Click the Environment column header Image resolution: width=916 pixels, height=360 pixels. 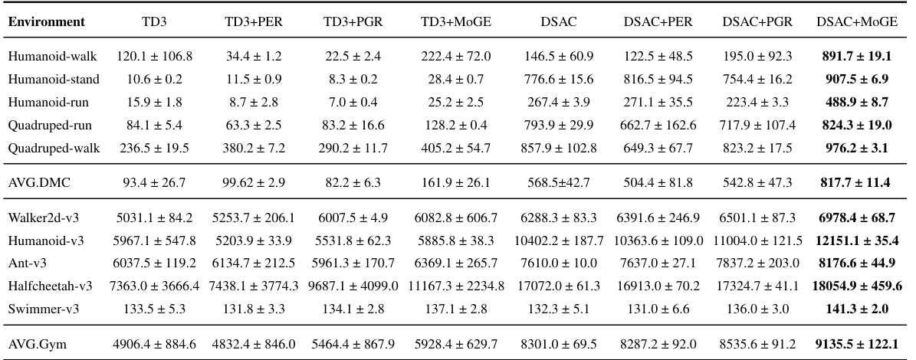click(x=47, y=22)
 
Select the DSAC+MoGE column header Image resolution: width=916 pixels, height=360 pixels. click(x=857, y=22)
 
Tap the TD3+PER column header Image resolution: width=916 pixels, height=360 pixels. click(x=252, y=22)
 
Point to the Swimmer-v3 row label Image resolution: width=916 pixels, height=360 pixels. click(x=41, y=309)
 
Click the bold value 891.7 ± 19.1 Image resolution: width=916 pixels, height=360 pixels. click(x=857, y=57)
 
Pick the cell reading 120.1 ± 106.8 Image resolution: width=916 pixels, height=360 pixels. click(x=154, y=57)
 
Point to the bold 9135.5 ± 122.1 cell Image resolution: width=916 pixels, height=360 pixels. click(x=857, y=344)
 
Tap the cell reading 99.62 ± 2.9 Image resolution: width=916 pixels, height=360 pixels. click(x=252, y=183)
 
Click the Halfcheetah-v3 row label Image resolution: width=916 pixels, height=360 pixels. click(x=51, y=286)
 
